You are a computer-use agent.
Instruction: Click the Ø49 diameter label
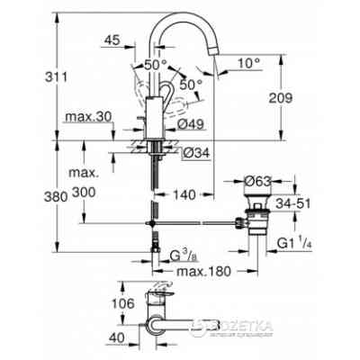[x=203, y=125]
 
